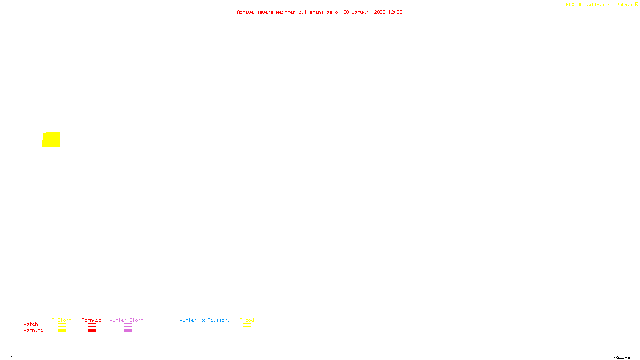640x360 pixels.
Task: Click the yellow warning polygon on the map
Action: tap(51, 140)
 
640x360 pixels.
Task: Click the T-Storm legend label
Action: tap(62, 320)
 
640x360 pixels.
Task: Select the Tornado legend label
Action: tap(92, 320)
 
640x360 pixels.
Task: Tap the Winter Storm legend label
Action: tap(126, 320)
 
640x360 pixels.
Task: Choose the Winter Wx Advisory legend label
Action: tap(205, 320)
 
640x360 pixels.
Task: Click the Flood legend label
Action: tap(247, 320)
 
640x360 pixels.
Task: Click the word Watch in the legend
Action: tap(31, 324)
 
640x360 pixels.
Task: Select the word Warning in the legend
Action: tap(33, 330)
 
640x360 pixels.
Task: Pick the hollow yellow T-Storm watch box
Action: tap(62, 325)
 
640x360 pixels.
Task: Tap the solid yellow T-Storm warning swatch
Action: tap(62, 331)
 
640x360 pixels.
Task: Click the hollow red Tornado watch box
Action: tap(92, 325)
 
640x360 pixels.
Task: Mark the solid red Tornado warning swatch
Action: tap(92, 331)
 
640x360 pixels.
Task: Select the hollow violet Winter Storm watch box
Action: tap(128, 325)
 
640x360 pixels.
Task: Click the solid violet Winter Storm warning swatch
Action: tap(128, 331)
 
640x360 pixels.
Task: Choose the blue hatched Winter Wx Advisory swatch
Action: tap(204, 331)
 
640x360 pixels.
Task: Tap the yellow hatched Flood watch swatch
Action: tap(247, 325)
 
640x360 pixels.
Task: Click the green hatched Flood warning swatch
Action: tap(247, 331)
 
